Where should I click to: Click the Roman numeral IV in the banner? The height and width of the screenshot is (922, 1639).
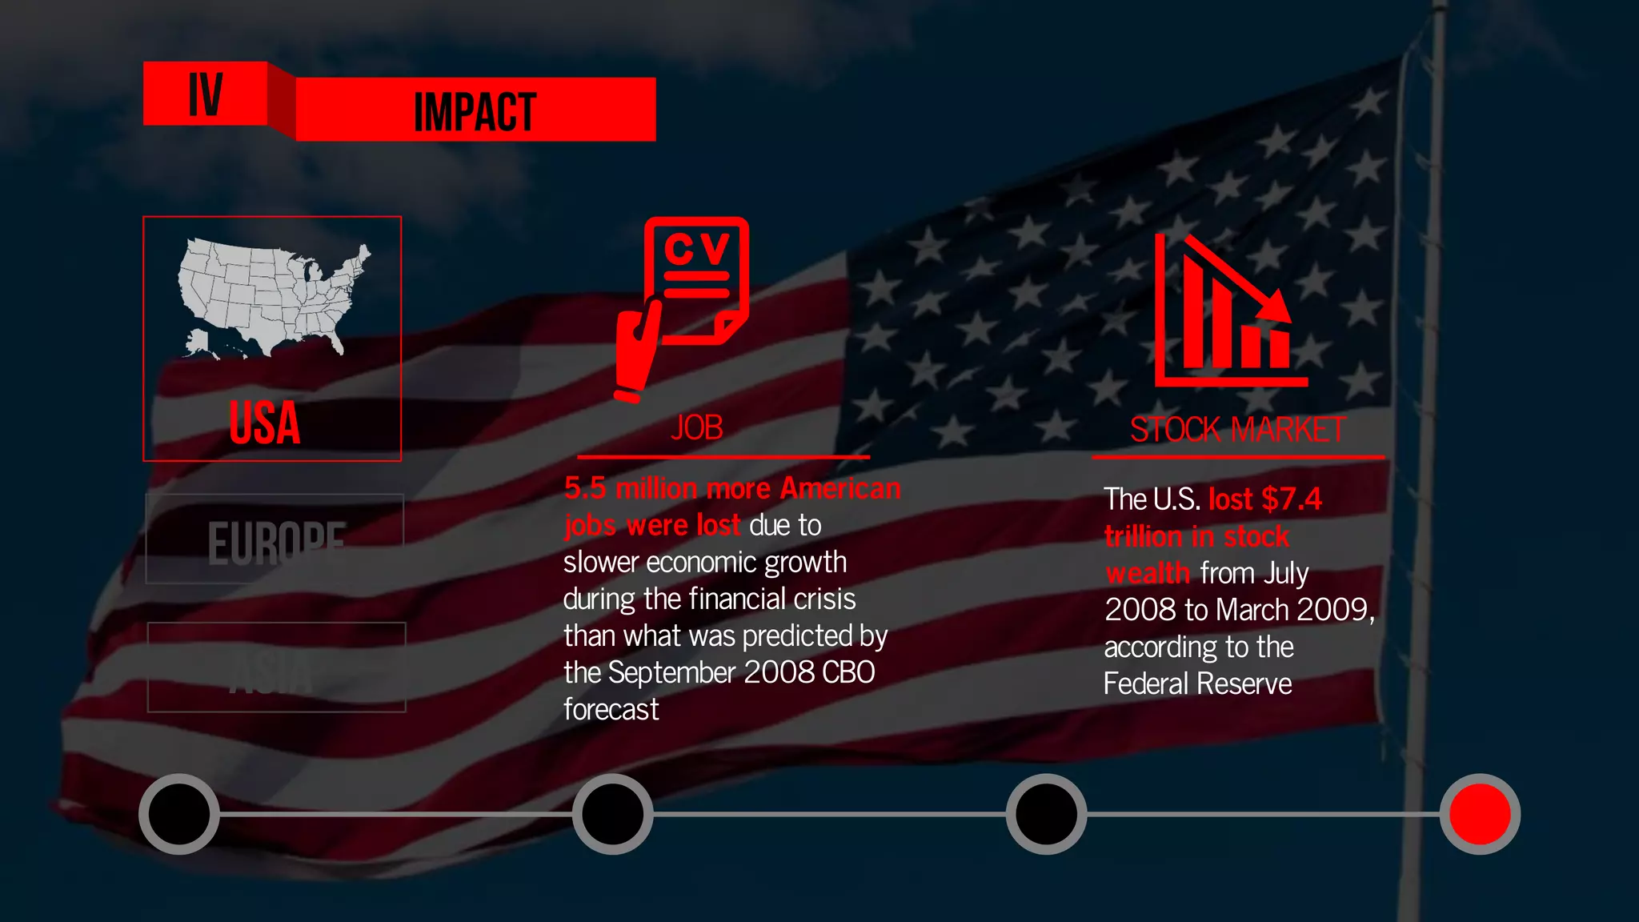205,94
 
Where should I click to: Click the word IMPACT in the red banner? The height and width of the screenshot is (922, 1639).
475,112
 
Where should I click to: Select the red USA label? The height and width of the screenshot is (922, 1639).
265,423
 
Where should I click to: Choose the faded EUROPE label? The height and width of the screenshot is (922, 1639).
276,542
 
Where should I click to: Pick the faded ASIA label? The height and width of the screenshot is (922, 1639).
272,672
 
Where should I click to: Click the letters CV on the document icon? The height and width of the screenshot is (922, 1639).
697,250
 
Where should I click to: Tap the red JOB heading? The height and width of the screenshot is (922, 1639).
697,428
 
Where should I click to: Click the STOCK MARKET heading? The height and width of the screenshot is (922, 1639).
1237,430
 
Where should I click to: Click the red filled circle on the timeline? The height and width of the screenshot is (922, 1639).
1480,814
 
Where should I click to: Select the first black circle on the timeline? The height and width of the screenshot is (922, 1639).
179,814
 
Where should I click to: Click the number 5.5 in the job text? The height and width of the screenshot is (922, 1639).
585,488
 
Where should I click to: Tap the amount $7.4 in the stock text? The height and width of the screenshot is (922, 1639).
1292,499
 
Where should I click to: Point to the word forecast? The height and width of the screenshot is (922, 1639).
611,709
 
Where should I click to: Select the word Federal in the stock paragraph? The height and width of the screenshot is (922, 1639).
1147,683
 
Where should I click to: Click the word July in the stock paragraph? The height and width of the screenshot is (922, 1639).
1286,573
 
